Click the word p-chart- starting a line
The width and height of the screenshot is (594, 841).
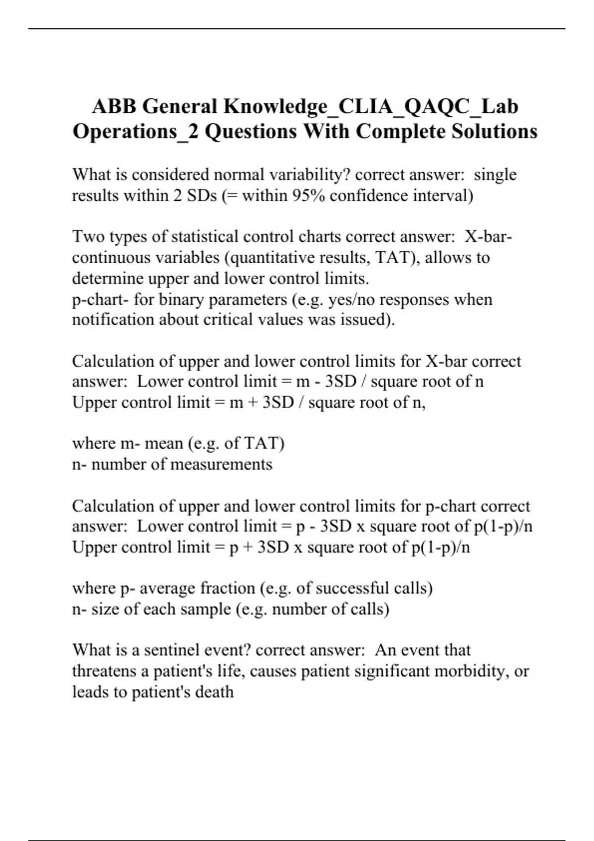pyautogui.click(x=100, y=300)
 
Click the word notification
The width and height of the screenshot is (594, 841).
pyautogui.click(x=113, y=320)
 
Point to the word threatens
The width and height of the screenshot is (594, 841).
pyautogui.click(x=104, y=671)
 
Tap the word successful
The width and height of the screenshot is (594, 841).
pyautogui.click(x=352, y=588)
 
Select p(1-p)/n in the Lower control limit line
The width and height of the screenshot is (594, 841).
pyautogui.click(x=503, y=526)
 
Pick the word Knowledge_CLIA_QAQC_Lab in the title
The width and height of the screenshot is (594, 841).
pyautogui.click(x=371, y=106)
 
